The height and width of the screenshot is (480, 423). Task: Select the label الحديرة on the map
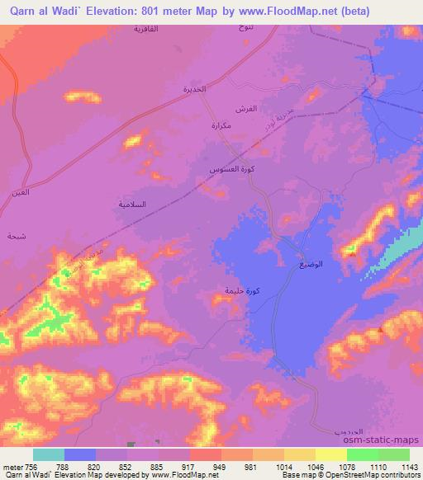[193, 88]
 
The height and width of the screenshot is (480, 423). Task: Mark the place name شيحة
[16, 236]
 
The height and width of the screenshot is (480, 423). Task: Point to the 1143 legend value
[411, 465]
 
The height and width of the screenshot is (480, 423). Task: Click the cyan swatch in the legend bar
[48, 454]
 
